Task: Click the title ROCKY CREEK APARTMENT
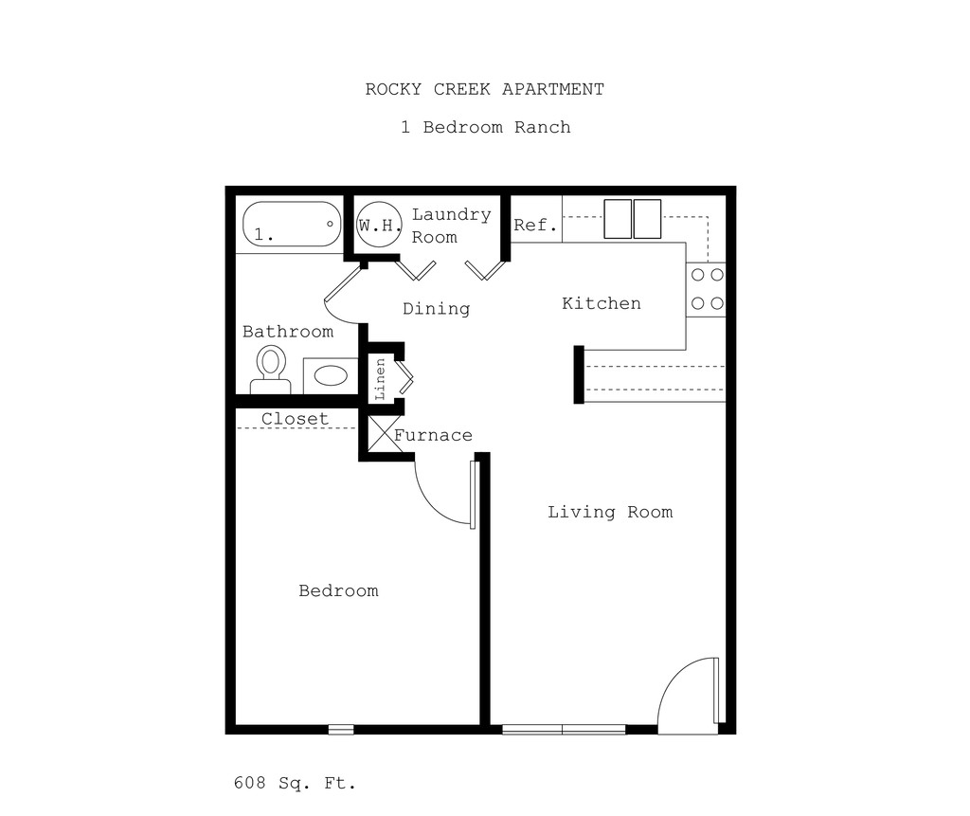[x=484, y=90]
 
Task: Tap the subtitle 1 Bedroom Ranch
[x=485, y=127]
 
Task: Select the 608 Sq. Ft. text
[x=295, y=784]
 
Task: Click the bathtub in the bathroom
[x=292, y=225]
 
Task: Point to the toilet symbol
[x=271, y=369]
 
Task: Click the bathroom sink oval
[x=331, y=375]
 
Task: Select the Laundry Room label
[x=451, y=226]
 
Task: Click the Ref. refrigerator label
[x=535, y=226]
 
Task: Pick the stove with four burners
[x=706, y=289]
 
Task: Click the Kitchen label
[x=602, y=303]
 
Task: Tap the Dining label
[x=436, y=309]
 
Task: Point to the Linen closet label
[x=380, y=379]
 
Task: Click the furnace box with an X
[x=380, y=435]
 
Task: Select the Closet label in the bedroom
[x=296, y=419]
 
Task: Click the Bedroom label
[x=338, y=591]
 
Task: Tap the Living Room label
[x=610, y=513]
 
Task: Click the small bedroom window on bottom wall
[x=341, y=730]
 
